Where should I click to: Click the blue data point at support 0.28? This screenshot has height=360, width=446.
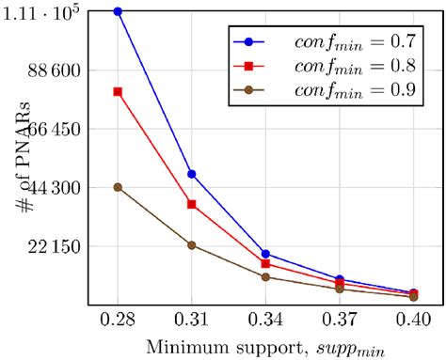pyautogui.click(x=118, y=11)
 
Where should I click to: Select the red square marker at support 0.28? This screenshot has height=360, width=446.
pyautogui.click(x=118, y=91)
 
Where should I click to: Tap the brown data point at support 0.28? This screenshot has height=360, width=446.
pyautogui.click(x=118, y=187)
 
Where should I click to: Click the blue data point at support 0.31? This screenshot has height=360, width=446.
pyautogui.click(x=192, y=174)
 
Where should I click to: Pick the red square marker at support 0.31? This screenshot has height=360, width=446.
pyautogui.click(x=192, y=204)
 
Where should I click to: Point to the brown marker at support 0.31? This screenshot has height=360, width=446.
pyautogui.click(x=192, y=245)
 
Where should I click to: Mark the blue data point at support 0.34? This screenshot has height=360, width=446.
pyautogui.click(x=266, y=254)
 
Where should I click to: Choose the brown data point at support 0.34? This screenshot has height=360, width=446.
pyautogui.click(x=266, y=277)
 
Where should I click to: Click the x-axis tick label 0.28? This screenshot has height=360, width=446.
pyautogui.click(x=118, y=320)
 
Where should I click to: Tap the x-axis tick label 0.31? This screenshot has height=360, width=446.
pyautogui.click(x=192, y=320)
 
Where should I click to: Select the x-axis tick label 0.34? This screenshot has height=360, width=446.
pyautogui.click(x=266, y=320)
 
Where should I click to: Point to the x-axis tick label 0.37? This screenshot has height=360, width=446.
pyautogui.click(x=340, y=320)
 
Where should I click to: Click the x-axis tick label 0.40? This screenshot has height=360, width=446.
pyautogui.click(x=414, y=320)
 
